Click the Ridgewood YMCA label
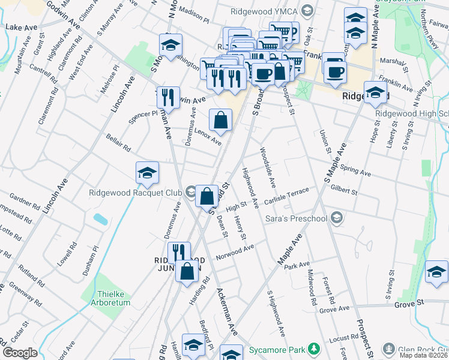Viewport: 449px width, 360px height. tap(265, 11)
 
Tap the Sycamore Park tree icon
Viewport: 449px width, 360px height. tap(313, 349)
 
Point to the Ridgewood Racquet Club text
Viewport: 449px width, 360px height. tap(135, 193)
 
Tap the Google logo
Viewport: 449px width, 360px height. tap(20, 353)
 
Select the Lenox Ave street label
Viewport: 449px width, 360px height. tap(207, 137)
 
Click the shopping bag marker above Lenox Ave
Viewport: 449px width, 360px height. tap(221, 119)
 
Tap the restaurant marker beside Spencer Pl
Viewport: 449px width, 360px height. tap(167, 97)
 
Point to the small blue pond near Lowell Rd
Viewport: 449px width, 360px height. tap(101, 218)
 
